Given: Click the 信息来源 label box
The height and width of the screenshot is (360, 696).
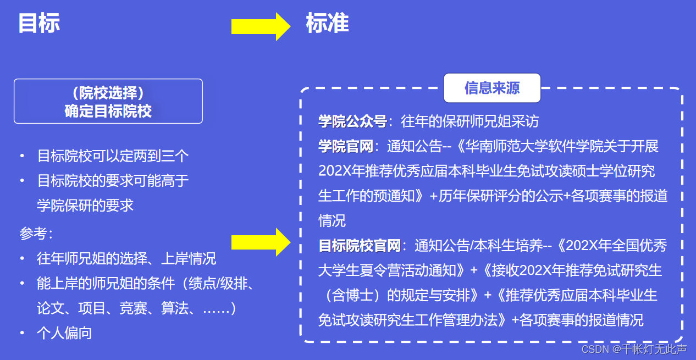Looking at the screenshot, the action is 492,88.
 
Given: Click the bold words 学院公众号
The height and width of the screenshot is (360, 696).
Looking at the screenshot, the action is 352,121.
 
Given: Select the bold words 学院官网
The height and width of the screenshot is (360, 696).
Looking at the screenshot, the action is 345,146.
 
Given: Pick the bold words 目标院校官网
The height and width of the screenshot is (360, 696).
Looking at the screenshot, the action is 360,246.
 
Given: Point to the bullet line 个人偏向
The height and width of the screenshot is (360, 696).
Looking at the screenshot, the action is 64,333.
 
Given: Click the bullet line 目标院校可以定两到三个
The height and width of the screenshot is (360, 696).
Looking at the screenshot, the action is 113,156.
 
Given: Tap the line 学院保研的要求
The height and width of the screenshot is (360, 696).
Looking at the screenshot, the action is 85,205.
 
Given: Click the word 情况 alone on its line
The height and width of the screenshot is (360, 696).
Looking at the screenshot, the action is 332,221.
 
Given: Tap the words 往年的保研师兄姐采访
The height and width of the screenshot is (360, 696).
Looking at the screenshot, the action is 470,121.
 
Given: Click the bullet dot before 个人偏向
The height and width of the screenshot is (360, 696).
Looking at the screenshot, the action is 22,333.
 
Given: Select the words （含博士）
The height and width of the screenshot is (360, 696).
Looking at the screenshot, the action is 352,295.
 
